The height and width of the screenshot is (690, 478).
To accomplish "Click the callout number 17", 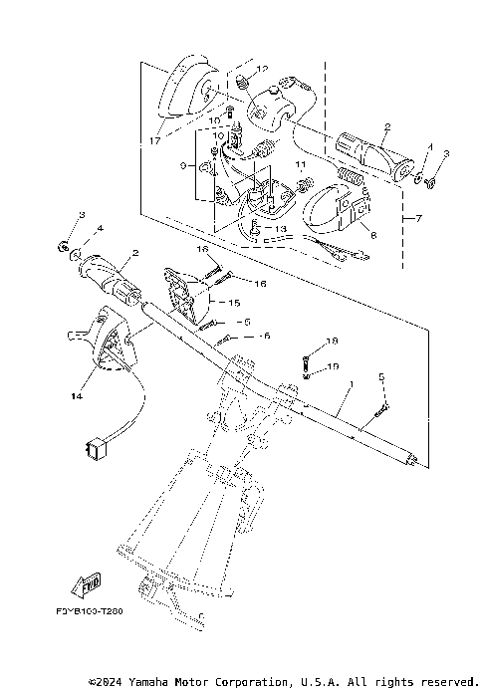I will (x=152, y=140).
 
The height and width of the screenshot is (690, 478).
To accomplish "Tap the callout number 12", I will (x=263, y=68).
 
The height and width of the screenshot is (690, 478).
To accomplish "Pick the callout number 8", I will (x=373, y=237).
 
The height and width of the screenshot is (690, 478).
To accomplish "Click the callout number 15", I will (x=236, y=302).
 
